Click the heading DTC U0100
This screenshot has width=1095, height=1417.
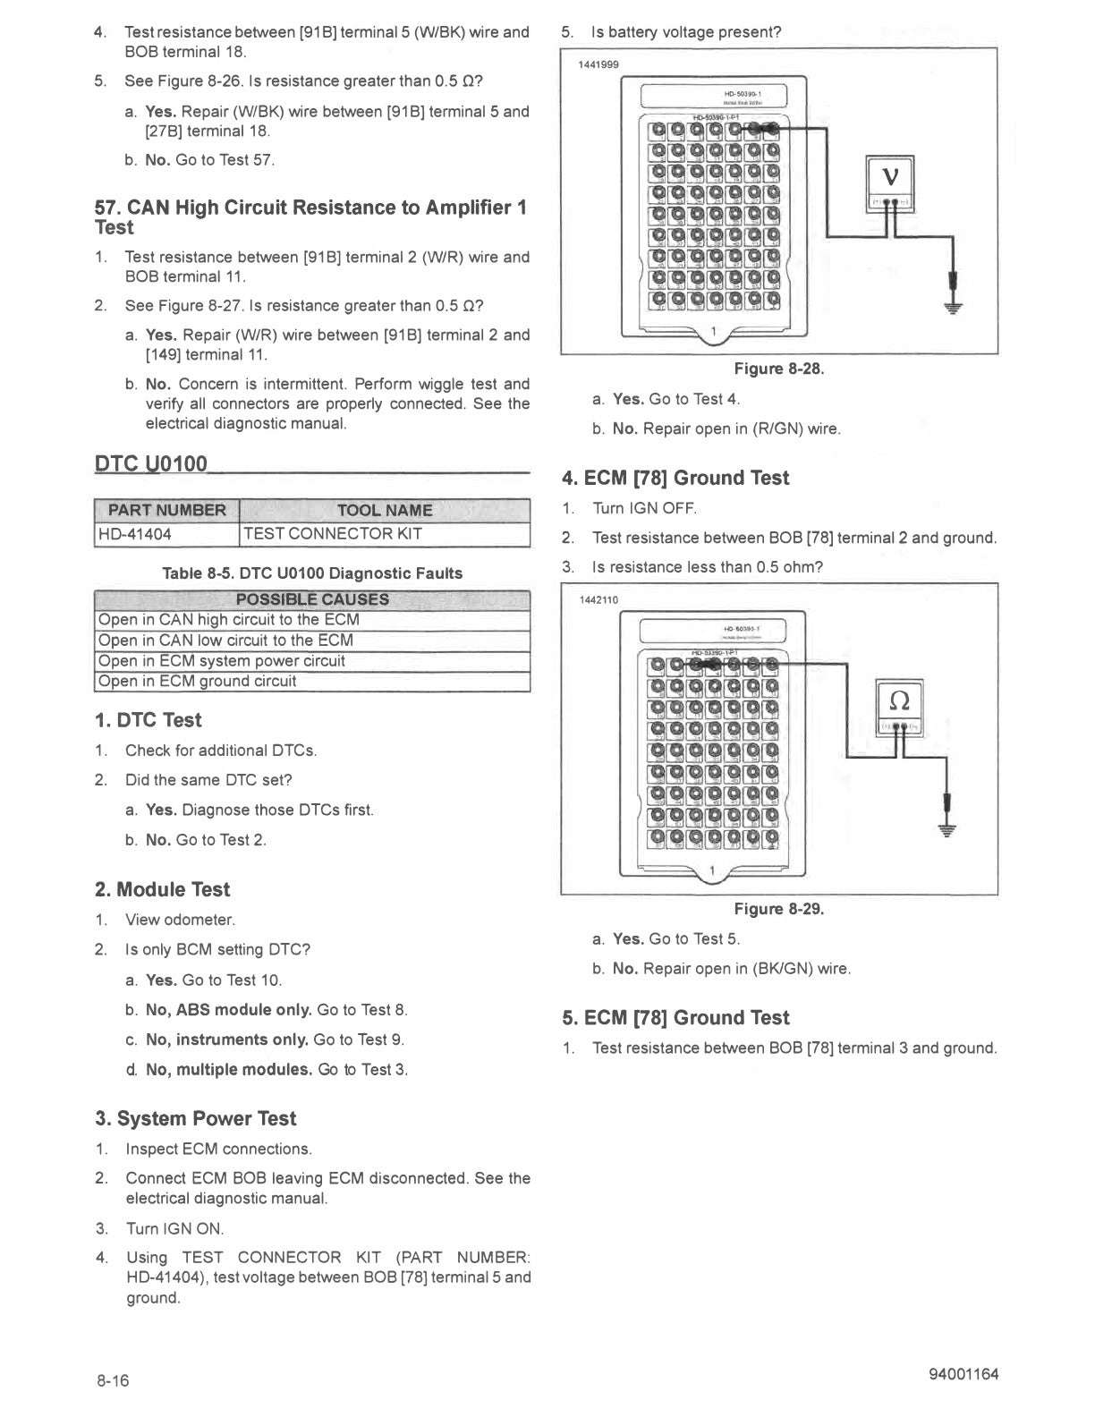click(151, 463)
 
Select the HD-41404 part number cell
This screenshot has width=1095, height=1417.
click(134, 534)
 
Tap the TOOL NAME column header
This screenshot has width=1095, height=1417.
click(385, 510)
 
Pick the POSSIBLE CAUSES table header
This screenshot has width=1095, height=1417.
click(312, 599)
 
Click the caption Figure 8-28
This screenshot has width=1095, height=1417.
click(778, 369)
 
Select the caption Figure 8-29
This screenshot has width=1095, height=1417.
click(778, 909)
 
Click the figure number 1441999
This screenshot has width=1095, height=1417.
click(598, 64)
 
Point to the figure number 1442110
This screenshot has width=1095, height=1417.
click(598, 599)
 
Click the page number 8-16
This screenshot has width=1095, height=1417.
click(114, 1381)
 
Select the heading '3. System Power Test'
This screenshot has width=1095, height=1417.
click(196, 1118)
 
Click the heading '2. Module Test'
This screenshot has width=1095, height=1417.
click(163, 889)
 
